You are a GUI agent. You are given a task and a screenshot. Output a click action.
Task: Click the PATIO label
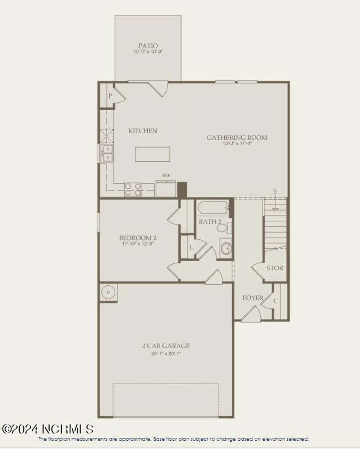click(148, 46)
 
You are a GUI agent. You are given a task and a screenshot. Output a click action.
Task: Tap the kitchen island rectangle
click(153, 154)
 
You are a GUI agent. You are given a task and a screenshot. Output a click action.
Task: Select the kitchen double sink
click(107, 153)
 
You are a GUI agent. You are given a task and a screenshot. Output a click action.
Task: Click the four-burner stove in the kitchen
click(133, 190)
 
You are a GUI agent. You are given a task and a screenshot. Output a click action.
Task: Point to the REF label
click(166, 175)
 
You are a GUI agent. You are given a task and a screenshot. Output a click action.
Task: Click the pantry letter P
click(110, 96)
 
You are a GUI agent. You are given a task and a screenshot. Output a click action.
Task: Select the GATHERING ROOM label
click(237, 137)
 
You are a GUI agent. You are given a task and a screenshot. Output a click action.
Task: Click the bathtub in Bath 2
click(213, 208)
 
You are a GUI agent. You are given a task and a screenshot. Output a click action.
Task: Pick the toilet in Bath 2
click(223, 228)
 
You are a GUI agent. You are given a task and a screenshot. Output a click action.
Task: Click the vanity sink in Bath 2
click(226, 248)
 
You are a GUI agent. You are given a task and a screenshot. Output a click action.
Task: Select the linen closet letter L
click(191, 247)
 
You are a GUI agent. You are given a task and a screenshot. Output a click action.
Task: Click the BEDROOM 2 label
click(137, 237)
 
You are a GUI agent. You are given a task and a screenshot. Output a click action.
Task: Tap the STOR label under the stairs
click(275, 268)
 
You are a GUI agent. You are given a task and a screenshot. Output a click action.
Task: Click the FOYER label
click(253, 298)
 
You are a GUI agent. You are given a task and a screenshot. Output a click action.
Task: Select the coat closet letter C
click(276, 301)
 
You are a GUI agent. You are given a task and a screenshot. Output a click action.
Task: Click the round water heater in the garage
click(108, 292)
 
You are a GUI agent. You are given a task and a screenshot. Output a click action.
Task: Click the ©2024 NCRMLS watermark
click(48, 429)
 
